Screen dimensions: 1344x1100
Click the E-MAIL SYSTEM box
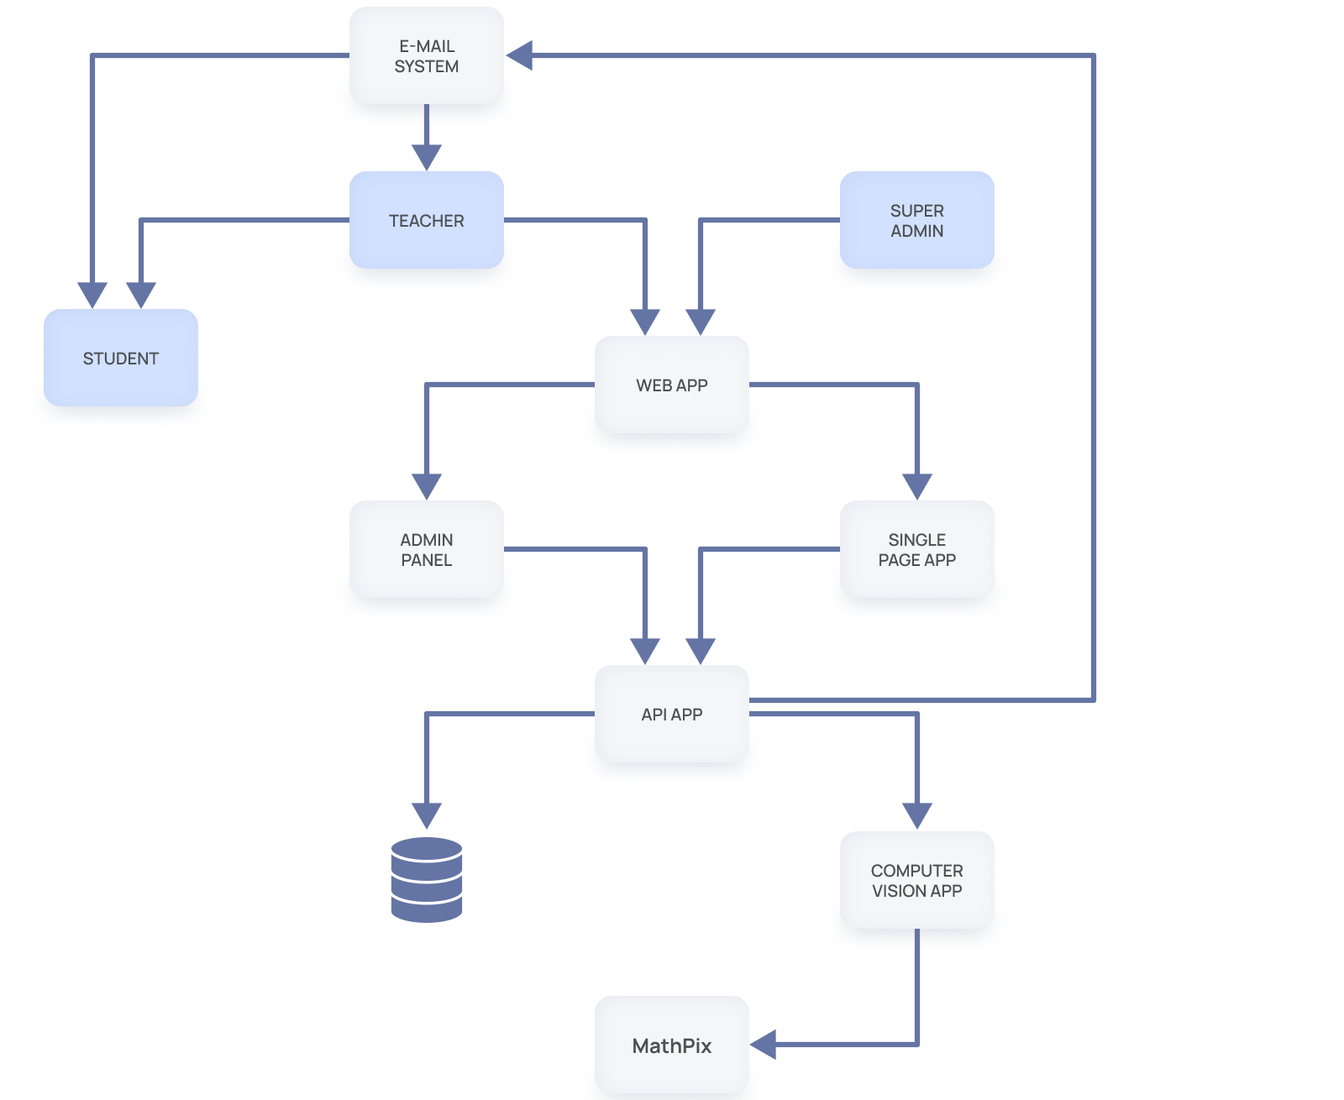[427, 55]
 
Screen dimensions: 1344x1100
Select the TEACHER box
[427, 220]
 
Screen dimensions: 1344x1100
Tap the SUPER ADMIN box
[916, 220]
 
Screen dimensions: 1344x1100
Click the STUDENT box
[120, 358]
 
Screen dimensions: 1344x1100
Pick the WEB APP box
[672, 385]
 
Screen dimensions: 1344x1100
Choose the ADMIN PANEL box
[427, 549]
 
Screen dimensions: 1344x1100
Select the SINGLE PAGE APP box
[916, 549]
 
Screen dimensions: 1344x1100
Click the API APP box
[672, 714]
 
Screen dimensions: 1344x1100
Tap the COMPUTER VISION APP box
[916, 880]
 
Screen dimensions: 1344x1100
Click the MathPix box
[672, 1045]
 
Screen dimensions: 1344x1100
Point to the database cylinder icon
[427, 879]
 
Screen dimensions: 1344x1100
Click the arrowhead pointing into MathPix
[763, 1045]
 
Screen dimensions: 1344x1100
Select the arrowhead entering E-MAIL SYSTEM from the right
[519, 55]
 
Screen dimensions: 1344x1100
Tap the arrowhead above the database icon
[427, 816]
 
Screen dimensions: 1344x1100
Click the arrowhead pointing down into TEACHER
[427, 158]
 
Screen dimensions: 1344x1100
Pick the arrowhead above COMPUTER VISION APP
[916, 816]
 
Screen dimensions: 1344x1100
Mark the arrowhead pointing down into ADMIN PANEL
[427, 487]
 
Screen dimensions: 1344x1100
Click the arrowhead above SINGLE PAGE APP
[916, 487]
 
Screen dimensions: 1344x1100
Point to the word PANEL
[427, 560]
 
